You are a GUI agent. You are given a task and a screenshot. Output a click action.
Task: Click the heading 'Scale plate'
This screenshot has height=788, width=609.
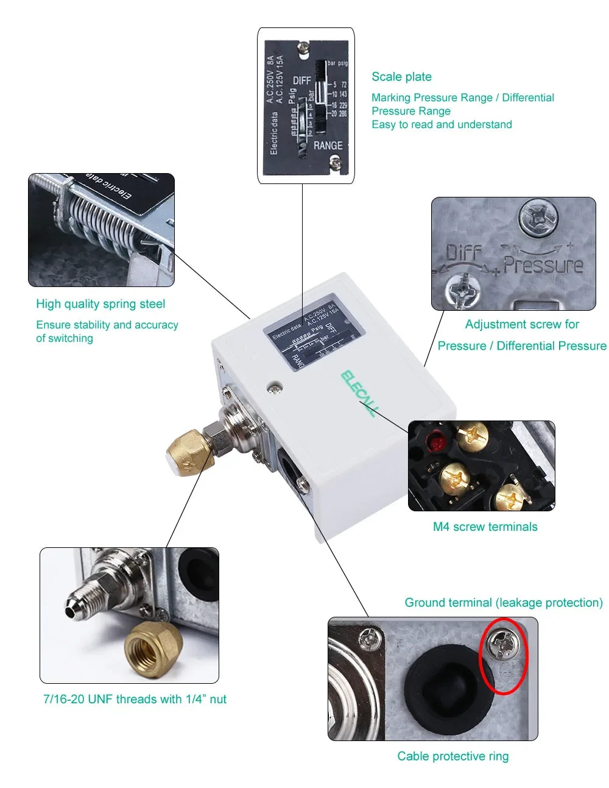pos(401,77)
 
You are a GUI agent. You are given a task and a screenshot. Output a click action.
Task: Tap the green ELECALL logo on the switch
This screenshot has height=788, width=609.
pos(358,393)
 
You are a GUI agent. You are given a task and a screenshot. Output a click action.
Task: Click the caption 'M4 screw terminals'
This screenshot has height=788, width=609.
pos(485,527)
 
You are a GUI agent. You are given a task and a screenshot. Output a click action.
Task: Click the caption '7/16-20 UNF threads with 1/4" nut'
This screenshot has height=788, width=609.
pos(135,699)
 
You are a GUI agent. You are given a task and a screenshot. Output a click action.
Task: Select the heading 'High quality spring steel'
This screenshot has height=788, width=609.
pos(100,304)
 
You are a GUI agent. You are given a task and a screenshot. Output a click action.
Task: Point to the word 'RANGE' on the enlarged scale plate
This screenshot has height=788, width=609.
pos(328,146)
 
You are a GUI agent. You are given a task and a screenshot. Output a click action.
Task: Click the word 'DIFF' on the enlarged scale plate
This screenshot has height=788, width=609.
pos(302,80)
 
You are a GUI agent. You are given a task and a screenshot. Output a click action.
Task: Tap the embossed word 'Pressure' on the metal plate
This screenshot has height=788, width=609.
pos(543,265)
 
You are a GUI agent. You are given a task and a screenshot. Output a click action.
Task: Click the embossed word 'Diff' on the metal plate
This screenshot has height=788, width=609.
pos(463,252)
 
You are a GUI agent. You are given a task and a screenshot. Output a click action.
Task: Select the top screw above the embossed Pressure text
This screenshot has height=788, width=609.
pos(538,216)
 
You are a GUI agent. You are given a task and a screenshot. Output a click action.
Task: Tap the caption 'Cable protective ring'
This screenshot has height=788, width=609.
pos(452,756)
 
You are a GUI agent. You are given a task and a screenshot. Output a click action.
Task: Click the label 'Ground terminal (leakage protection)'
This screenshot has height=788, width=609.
pos(503,603)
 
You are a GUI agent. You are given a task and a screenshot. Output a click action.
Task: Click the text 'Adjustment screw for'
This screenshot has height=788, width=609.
pos(521,324)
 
